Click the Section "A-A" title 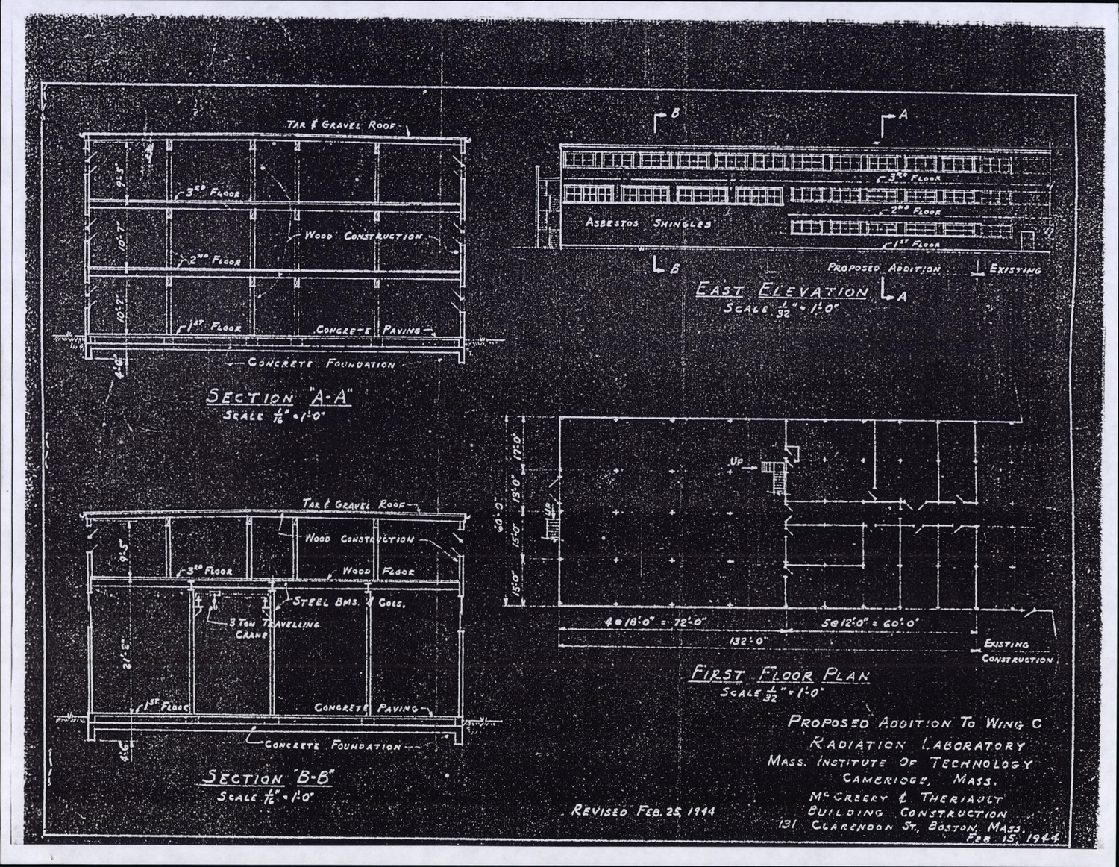pyautogui.click(x=278, y=398)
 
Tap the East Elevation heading pyautogui.click(x=782, y=291)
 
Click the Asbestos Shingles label pyautogui.click(x=648, y=223)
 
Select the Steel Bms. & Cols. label pyautogui.click(x=349, y=602)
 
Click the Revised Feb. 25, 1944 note pyautogui.click(x=642, y=810)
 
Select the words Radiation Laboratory pyautogui.click(x=917, y=745)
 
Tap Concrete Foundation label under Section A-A pyautogui.click(x=322, y=364)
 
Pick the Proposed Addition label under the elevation pyautogui.click(x=883, y=268)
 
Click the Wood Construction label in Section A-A pyautogui.click(x=363, y=236)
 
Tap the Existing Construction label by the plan pyautogui.click(x=1016, y=651)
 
